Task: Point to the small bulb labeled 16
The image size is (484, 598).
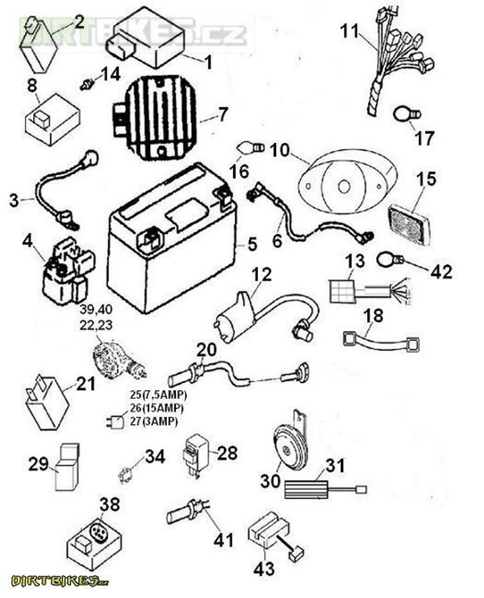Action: pyautogui.click(x=250, y=147)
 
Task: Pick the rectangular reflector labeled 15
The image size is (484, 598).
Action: pyautogui.click(x=412, y=225)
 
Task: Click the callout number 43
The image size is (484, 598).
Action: pyautogui.click(x=264, y=568)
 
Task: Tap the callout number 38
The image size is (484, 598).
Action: pyautogui.click(x=110, y=504)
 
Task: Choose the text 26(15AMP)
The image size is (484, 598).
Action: pyautogui.click(x=156, y=408)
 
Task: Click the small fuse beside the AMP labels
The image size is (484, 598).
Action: pyautogui.click(x=114, y=422)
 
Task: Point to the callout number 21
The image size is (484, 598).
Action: pyautogui.click(x=85, y=384)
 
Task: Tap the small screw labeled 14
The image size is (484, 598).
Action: pyautogui.click(x=88, y=84)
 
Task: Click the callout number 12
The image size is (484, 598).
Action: pyautogui.click(x=262, y=274)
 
